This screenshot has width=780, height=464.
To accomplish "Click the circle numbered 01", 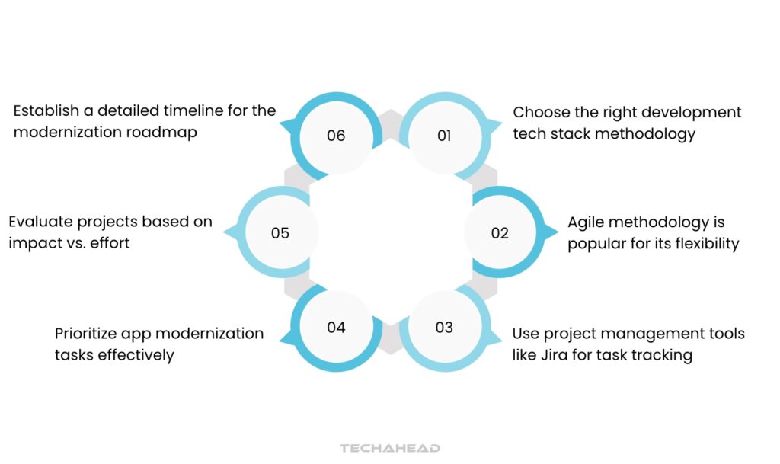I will click(444, 136).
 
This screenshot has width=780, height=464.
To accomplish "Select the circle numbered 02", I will click(499, 232).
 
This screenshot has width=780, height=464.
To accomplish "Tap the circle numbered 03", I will click(444, 328).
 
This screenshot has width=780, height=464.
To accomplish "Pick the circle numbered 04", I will click(336, 328).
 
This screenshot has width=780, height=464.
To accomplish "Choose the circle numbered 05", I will click(280, 232).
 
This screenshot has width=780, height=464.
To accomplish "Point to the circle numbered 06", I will click(336, 136).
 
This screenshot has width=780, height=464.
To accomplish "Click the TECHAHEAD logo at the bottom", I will click(390, 448).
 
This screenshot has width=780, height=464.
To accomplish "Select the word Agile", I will click(589, 222).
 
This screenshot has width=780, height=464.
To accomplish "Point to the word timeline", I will click(187, 110).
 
